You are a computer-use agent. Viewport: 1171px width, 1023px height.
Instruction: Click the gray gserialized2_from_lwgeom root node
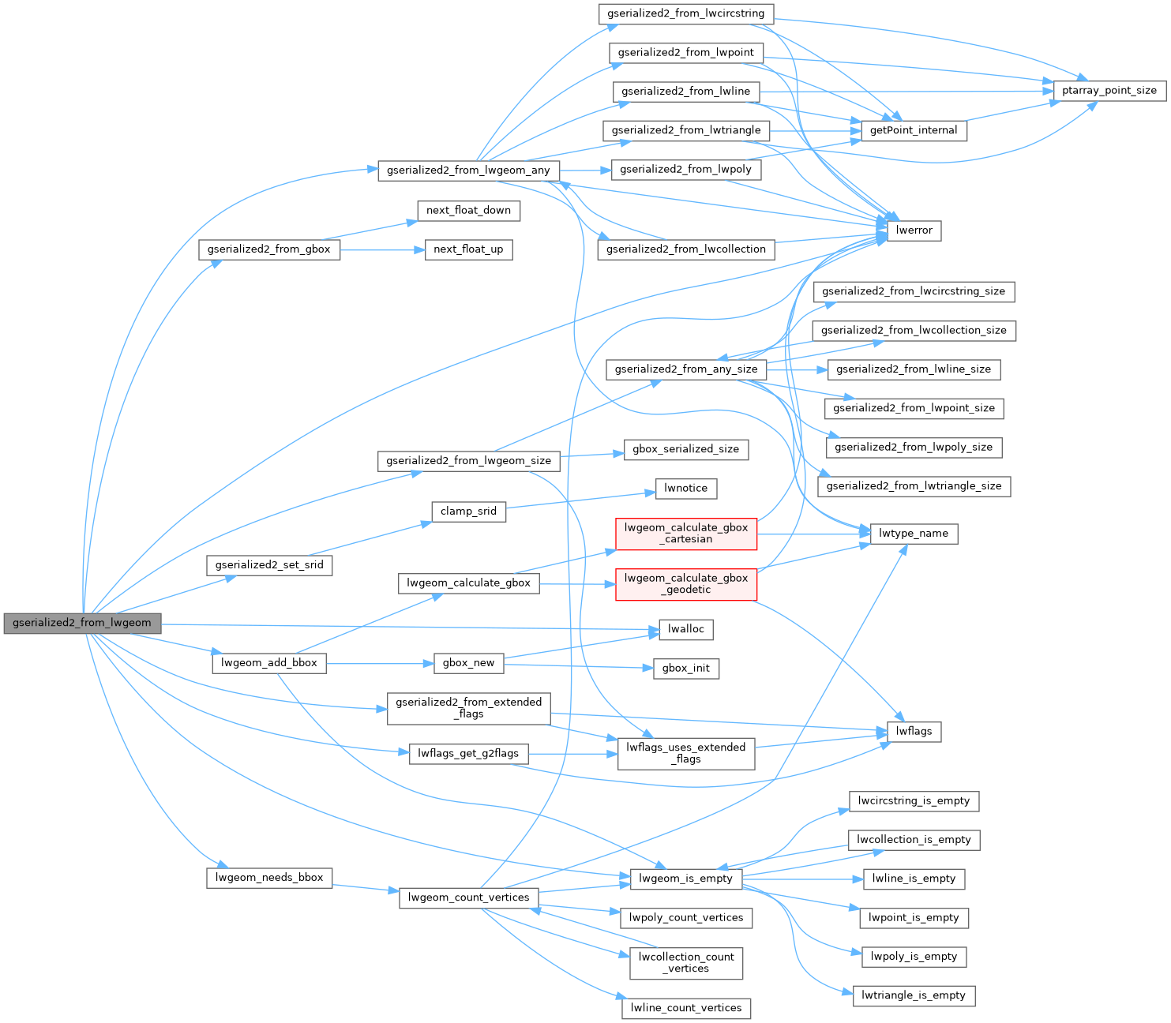point(82,623)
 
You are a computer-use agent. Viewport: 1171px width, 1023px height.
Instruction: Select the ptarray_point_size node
point(1109,91)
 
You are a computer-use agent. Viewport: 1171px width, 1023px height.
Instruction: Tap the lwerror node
point(914,230)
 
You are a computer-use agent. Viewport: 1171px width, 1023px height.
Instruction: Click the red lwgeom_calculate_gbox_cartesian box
point(685,534)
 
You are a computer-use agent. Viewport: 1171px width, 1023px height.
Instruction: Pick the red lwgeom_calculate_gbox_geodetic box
point(685,584)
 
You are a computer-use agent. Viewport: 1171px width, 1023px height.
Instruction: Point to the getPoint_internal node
point(913,130)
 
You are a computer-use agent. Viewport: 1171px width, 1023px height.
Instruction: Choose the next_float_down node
point(468,211)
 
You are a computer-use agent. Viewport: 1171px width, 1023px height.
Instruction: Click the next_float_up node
point(468,249)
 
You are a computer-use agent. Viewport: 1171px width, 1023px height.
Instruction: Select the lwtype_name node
point(913,534)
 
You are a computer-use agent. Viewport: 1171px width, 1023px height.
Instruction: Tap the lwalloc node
point(685,629)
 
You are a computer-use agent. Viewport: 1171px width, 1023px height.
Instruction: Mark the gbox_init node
point(685,668)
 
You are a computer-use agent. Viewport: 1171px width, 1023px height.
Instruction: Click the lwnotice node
point(685,489)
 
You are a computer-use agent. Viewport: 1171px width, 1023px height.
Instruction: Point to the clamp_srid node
point(468,511)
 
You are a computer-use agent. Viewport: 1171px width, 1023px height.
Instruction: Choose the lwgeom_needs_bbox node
point(269,878)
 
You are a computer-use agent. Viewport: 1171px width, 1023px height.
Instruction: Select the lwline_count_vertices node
point(685,1008)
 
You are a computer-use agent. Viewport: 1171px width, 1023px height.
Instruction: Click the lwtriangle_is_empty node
point(913,995)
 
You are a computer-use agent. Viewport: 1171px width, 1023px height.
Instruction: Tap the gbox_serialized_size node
point(685,449)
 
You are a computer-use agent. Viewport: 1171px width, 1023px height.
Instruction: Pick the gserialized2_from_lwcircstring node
point(685,13)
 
